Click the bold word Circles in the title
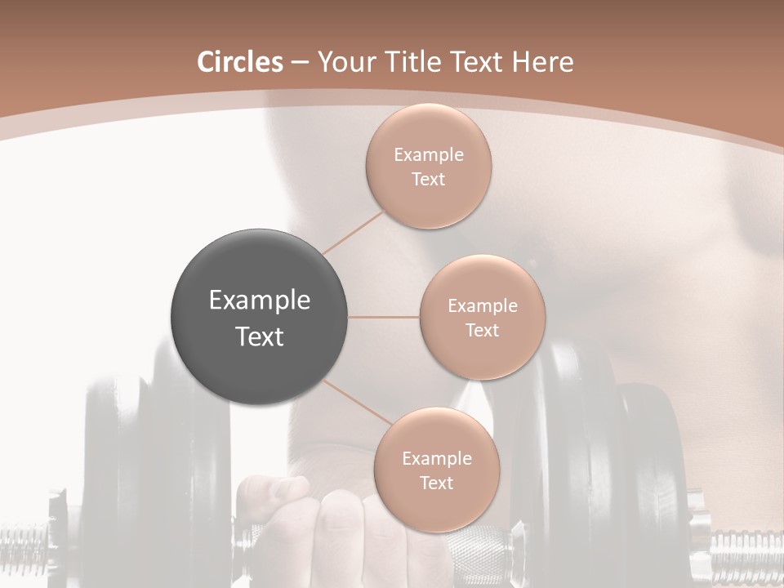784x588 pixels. click(x=240, y=62)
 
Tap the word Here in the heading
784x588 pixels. click(x=543, y=62)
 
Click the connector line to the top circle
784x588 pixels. click(x=353, y=232)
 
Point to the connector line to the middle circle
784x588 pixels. click(x=384, y=317)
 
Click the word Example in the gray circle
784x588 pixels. click(x=260, y=301)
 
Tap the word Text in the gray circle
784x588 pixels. click(x=260, y=336)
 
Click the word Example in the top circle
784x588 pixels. click(x=429, y=155)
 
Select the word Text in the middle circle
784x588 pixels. click(x=483, y=331)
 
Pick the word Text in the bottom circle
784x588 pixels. click(x=436, y=483)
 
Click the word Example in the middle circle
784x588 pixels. click(x=483, y=306)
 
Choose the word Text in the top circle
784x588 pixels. click(x=429, y=180)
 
